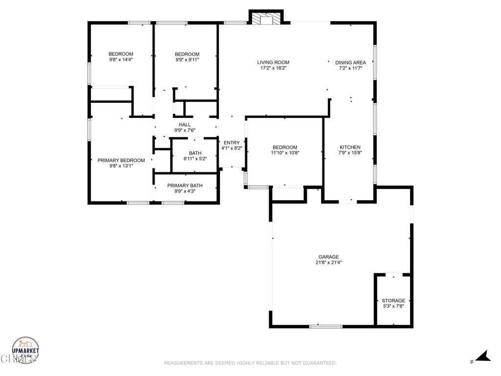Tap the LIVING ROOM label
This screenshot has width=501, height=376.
point(273,62)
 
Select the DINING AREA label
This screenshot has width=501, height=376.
point(350,62)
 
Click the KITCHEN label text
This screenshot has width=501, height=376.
point(350,147)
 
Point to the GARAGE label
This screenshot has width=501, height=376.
point(328,257)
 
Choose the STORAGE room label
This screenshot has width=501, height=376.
point(393,301)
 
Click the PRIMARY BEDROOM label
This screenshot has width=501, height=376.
point(121,160)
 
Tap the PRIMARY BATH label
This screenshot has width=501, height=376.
point(185,186)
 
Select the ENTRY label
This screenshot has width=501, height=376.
point(232,142)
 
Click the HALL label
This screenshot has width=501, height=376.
point(185,124)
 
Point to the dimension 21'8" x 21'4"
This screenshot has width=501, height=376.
point(328,262)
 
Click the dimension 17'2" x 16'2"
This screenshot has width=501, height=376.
point(273,68)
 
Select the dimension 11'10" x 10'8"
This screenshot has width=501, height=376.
point(285,153)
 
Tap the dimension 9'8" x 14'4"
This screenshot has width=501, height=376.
point(121,59)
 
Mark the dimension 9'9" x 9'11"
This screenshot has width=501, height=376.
point(187,60)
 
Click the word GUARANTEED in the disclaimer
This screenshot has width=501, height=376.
point(319,363)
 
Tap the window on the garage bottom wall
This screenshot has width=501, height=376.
point(326,326)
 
